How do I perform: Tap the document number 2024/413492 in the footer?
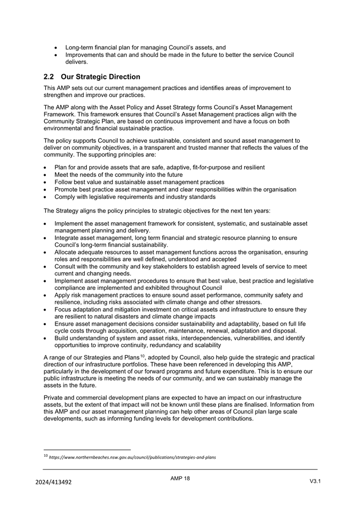[x=53, y=482]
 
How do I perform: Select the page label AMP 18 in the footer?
[x=180, y=478]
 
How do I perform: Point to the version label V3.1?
[x=315, y=481]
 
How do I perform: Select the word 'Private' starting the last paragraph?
[x=54, y=398]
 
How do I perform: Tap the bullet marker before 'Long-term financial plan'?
[x=57, y=47]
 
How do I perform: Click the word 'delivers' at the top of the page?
[x=76, y=62]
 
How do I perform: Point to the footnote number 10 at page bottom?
[x=45, y=456]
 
